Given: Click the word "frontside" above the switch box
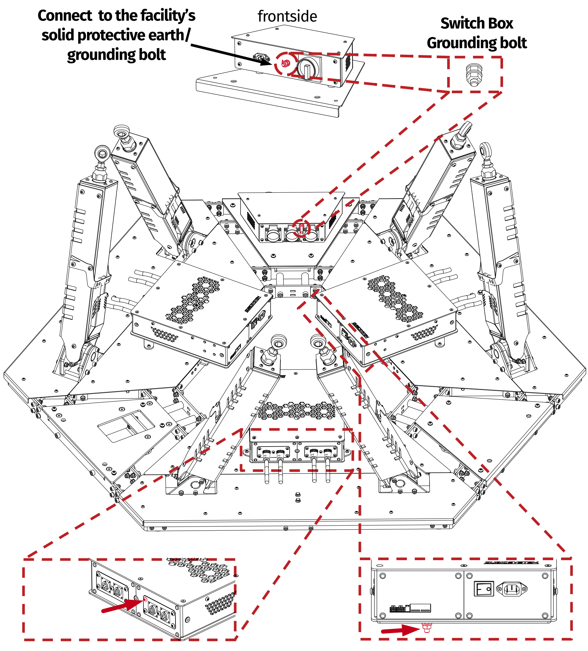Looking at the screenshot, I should coord(287,16).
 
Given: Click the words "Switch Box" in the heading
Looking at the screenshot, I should coord(476,24).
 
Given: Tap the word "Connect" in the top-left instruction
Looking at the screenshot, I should coord(65,16).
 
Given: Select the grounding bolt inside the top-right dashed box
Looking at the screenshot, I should coord(474,75).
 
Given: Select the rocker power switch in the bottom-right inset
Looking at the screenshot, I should coord(483,589).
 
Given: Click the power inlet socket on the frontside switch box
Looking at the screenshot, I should coord(261,59).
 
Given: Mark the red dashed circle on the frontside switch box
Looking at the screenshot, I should coord(285,64).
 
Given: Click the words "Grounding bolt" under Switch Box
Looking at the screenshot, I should coord(476,43).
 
